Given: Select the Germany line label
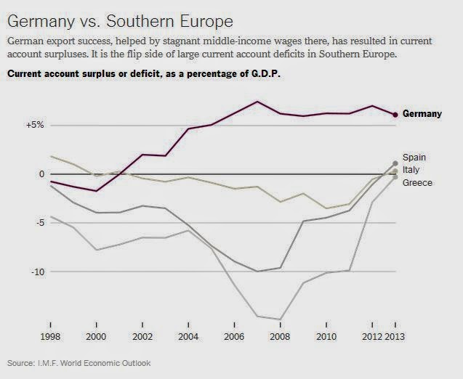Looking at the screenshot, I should pos(422,114).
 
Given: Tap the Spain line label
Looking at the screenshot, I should pos(414,157).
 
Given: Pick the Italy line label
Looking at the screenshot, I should pos(411,170).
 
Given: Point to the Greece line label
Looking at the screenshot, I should pos(417,183).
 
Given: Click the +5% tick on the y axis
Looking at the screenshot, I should pos(36,125).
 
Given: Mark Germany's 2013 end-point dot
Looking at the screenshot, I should pos(395,115).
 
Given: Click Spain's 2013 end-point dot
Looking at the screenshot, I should pos(395,163).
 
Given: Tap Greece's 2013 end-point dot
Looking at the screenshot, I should pos(395,177).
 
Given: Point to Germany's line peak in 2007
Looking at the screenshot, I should pos(257,102).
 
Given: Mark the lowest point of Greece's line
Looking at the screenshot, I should pos(281,319).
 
